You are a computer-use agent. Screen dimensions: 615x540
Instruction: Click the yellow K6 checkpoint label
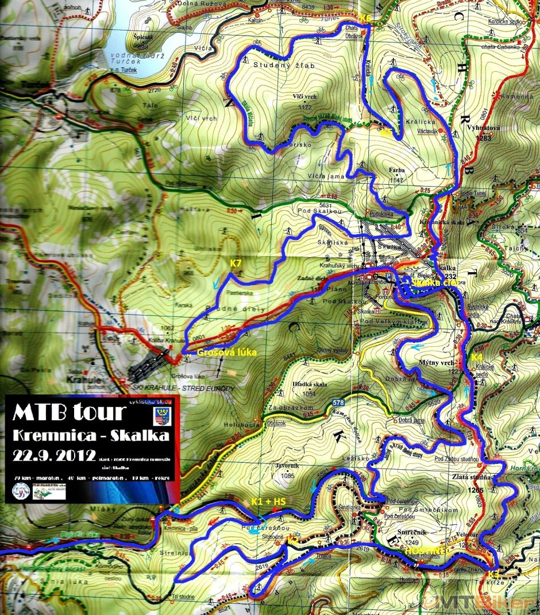coord(365,18)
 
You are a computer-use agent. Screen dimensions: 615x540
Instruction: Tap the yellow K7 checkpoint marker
coord(236,264)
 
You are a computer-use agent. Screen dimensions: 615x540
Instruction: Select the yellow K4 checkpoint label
coord(477,357)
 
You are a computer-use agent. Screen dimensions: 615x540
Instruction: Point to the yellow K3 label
coord(494,573)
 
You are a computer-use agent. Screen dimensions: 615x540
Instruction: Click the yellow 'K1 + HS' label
coord(269,502)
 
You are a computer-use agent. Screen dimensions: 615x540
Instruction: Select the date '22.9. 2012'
coord(55,455)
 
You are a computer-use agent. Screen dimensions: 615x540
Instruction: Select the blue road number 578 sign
coord(338,403)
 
